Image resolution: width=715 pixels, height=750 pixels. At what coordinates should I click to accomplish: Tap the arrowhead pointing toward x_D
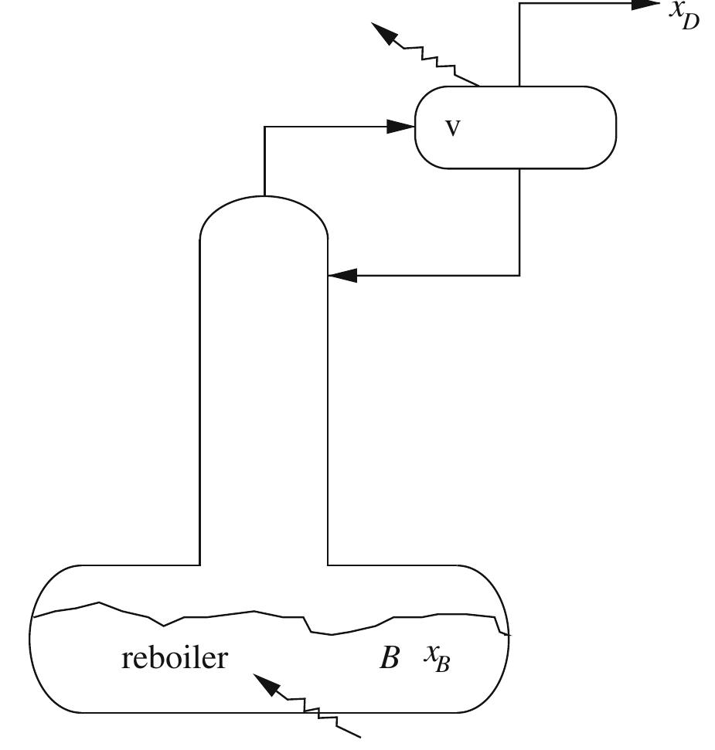646,3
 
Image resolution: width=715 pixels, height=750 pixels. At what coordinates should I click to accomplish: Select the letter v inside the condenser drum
452,128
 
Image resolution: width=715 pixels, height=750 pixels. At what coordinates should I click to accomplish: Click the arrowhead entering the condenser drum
400,127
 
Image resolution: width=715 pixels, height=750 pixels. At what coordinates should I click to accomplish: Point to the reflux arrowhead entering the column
343,274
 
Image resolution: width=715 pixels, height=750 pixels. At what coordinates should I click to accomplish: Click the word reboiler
175,658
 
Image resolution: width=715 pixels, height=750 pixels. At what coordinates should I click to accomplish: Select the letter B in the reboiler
389,659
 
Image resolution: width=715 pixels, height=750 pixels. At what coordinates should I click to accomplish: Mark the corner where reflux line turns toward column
519,274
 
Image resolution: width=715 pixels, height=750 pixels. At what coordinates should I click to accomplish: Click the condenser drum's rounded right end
608,127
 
